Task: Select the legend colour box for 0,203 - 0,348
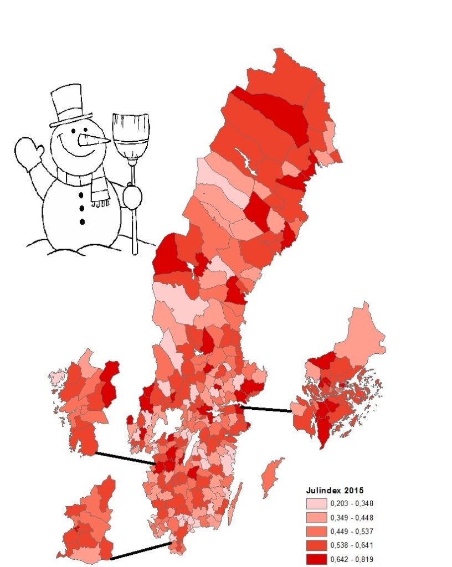pos(316,504)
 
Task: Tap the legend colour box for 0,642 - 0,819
pos(316,559)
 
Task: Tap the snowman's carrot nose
pos(94,140)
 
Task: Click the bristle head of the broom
pos(131,136)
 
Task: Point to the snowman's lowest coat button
pos(83,222)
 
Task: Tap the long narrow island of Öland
pos(235,504)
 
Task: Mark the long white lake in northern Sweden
pos(244,161)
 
